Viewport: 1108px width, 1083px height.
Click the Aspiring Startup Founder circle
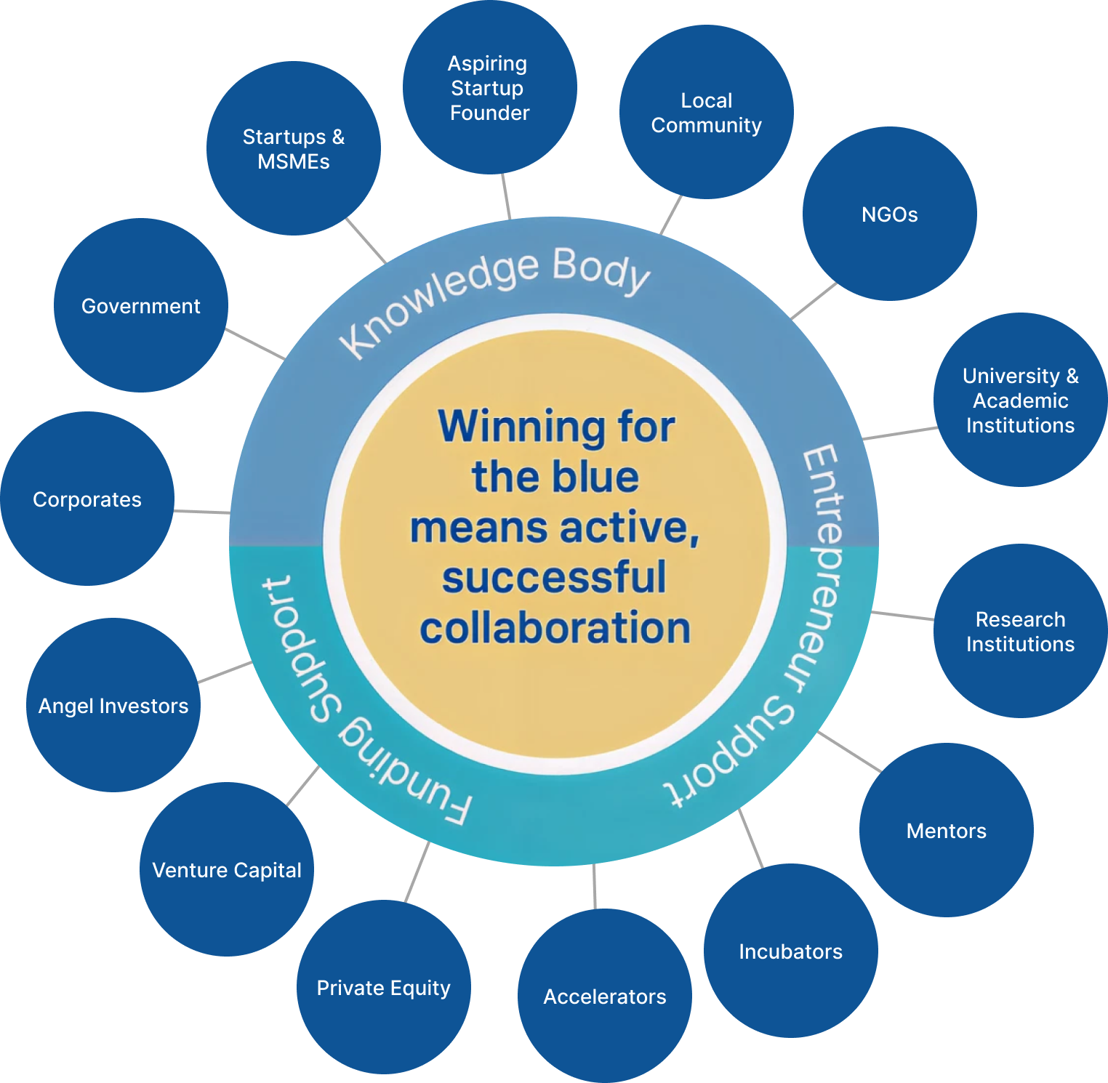click(489, 88)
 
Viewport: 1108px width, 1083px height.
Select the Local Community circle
click(706, 113)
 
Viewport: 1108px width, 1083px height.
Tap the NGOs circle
click(889, 214)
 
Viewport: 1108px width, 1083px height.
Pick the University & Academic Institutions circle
click(1020, 400)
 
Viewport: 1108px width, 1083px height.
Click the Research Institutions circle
click(1020, 631)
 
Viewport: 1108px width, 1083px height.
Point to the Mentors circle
click(946, 831)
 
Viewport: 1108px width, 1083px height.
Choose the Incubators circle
click(790, 951)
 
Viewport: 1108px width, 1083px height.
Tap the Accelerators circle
click(604, 997)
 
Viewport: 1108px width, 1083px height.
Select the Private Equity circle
click(383, 988)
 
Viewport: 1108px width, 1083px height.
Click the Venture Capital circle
click(226, 870)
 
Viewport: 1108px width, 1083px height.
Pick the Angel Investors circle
click(113, 706)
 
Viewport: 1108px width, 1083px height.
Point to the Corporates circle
click(87, 499)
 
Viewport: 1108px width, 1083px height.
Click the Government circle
click(140, 306)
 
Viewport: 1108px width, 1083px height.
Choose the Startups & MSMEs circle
click(293, 149)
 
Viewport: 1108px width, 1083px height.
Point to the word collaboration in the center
click(555, 628)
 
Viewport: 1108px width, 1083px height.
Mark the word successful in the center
click(554, 578)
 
